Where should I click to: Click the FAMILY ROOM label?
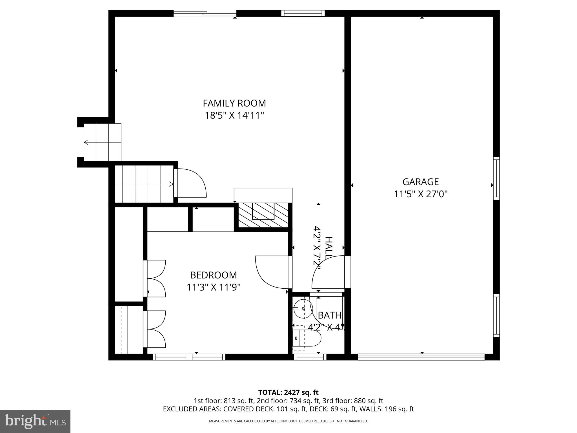click(x=234, y=103)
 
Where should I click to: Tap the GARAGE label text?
click(x=420, y=182)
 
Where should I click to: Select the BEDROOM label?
click(x=213, y=275)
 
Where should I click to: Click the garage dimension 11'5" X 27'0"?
click(x=420, y=194)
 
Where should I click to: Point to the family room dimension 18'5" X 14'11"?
click(x=234, y=116)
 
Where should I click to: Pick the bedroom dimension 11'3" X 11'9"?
click(x=213, y=287)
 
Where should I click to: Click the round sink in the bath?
click(x=303, y=309)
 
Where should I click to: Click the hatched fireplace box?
click(x=263, y=215)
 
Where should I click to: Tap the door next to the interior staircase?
click(x=190, y=183)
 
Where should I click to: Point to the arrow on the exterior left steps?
click(x=86, y=142)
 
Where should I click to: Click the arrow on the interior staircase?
click(x=171, y=184)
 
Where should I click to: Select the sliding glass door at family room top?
click(x=205, y=13)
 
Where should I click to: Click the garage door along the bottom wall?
click(x=421, y=357)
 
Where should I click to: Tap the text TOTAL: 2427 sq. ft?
click(x=288, y=392)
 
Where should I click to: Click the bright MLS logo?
click(x=35, y=421)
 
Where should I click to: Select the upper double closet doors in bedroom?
click(x=155, y=278)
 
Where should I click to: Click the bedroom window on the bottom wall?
click(x=189, y=357)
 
